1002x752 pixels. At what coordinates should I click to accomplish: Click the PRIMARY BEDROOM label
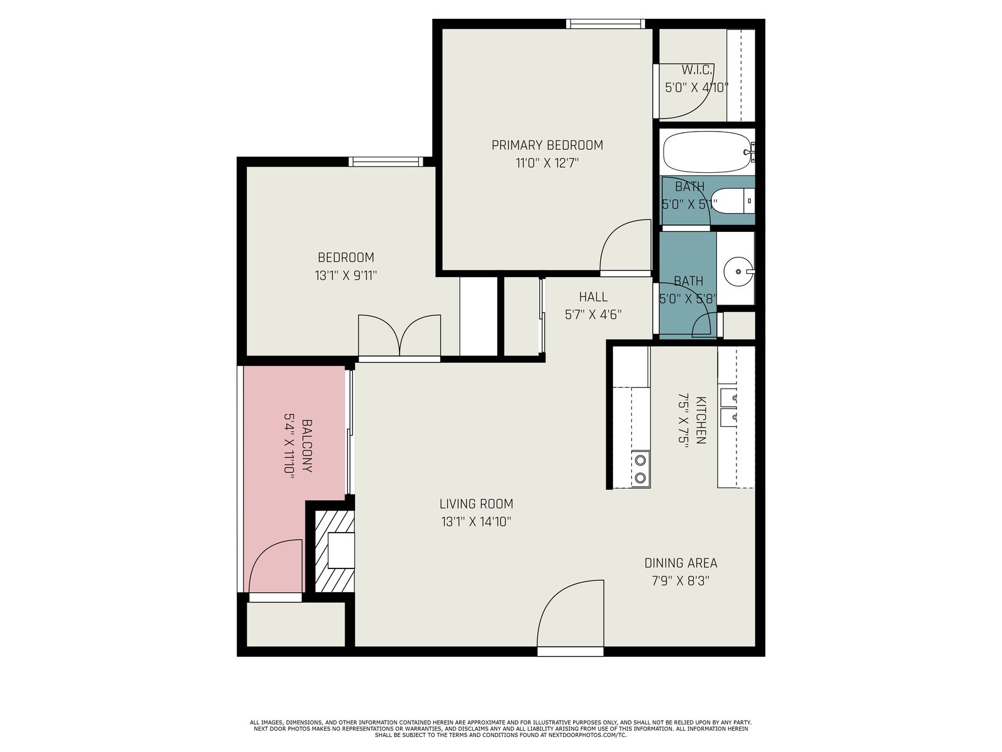[547, 145]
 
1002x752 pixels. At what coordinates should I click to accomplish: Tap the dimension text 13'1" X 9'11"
[346, 276]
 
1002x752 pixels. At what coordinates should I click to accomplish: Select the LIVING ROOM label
[476, 504]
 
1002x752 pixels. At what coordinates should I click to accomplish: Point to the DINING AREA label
[681, 563]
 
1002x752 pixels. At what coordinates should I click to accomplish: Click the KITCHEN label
[701, 420]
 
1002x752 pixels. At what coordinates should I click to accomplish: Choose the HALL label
[593, 297]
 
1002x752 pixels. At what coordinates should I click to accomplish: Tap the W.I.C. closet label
[697, 70]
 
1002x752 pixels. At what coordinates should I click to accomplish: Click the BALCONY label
[307, 446]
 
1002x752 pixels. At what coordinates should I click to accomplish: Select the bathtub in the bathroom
[708, 152]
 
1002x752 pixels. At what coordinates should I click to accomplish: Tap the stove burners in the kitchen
[641, 468]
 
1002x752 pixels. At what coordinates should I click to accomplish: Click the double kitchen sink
[728, 407]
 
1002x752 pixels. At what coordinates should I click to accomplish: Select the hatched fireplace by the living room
[334, 551]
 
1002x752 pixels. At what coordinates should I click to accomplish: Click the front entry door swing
[571, 614]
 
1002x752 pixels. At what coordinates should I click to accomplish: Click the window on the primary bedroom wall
[606, 24]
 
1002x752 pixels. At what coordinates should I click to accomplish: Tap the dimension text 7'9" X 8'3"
[681, 582]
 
